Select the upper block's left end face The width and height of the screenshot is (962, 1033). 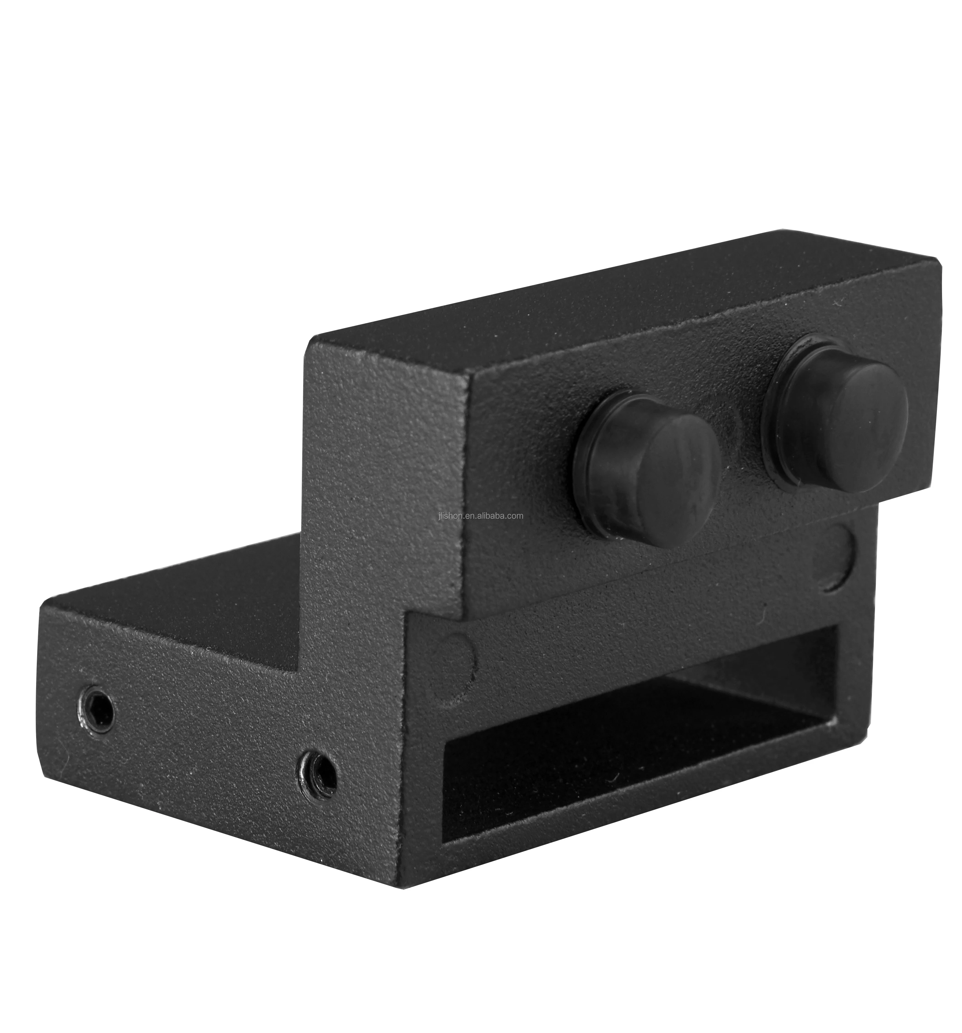(385, 468)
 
